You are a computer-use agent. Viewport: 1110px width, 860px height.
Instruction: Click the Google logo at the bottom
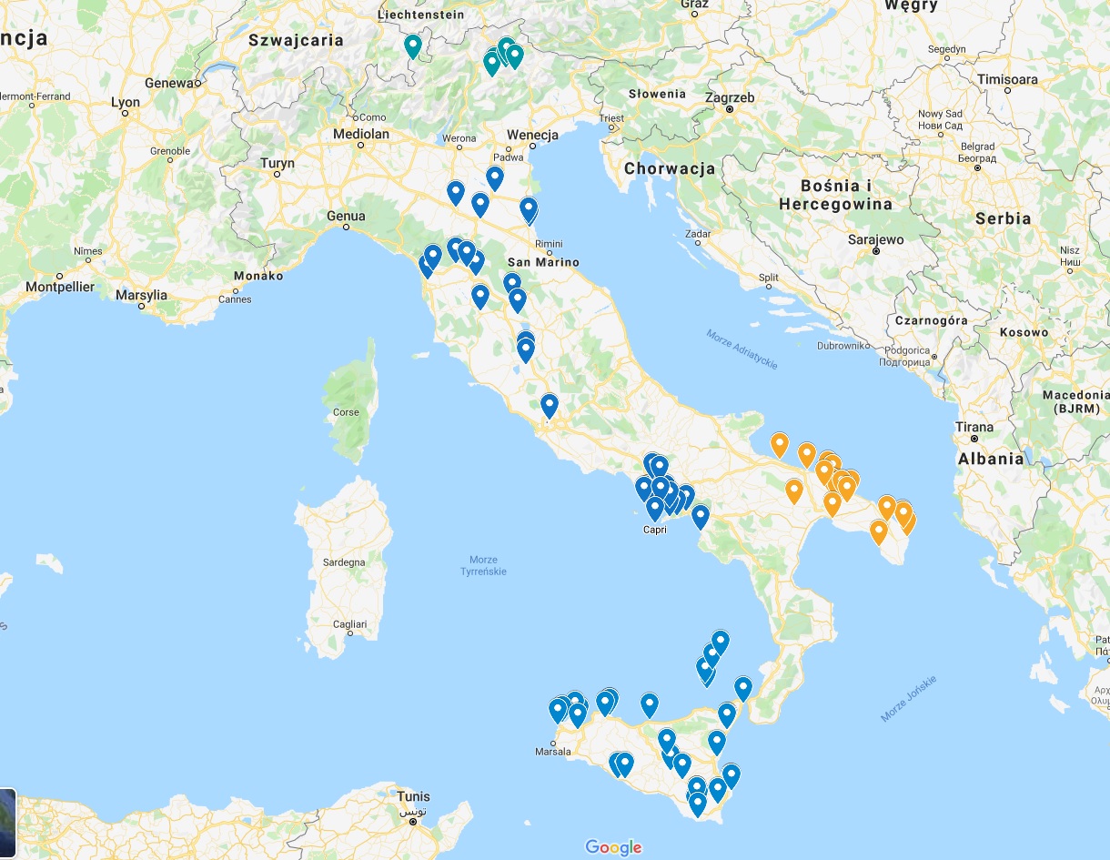click(x=613, y=847)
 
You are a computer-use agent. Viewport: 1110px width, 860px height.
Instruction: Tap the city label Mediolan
click(x=361, y=134)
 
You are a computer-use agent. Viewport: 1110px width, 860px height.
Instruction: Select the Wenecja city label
click(x=532, y=136)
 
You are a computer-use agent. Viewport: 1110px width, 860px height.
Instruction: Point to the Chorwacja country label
click(x=670, y=168)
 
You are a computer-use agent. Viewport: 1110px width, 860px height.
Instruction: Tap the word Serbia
click(x=1003, y=218)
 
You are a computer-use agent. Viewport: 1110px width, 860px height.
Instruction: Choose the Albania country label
click(x=991, y=459)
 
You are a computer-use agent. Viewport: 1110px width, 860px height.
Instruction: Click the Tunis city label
click(x=413, y=797)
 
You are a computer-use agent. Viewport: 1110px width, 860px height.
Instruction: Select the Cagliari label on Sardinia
click(x=350, y=624)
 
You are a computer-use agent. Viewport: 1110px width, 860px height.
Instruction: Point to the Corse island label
click(x=346, y=412)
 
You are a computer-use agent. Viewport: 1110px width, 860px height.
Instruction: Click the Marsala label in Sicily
click(x=553, y=752)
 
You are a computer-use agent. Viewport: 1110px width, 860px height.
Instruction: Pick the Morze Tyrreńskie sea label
click(x=483, y=565)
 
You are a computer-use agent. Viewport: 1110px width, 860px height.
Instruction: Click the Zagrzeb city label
click(x=729, y=97)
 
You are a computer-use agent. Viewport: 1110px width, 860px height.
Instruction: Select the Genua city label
click(x=346, y=216)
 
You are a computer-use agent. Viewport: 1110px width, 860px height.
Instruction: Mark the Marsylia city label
click(x=141, y=295)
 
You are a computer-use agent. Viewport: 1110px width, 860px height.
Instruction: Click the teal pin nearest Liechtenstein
click(x=413, y=46)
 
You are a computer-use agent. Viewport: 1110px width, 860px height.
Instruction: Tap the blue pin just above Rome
click(x=549, y=405)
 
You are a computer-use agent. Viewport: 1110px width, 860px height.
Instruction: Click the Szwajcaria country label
click(x=296, y=40)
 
